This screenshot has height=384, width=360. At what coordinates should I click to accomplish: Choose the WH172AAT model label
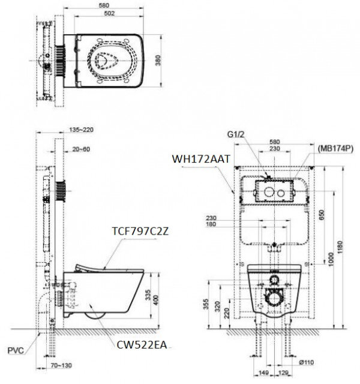[197, 158]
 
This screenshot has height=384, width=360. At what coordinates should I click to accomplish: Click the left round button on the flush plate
[265, 193]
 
